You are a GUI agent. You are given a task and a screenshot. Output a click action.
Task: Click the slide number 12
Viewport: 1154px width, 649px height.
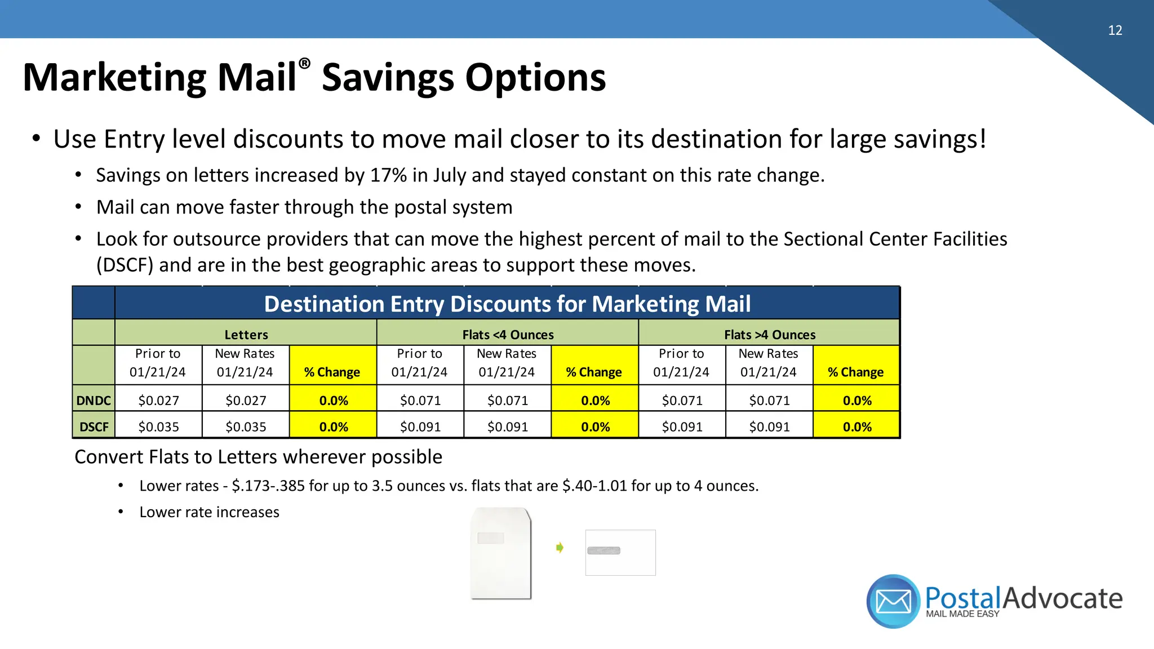(x=1115, y=30)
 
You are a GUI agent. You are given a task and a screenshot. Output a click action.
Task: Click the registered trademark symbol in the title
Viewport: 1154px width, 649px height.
(x=304, y=64)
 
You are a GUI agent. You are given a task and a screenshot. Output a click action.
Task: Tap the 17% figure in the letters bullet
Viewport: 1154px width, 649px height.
(x=388, y=175)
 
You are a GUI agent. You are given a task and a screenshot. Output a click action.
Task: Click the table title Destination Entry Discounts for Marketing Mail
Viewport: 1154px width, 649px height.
(x=507, y=304)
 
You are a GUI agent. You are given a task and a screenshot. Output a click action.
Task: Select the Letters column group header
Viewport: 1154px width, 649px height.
(x=246, y=335)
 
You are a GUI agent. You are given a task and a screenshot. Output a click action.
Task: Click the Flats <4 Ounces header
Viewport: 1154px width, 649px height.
(x=508, y=335)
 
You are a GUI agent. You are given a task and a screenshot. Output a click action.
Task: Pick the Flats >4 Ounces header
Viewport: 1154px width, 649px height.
(x=770, y=335)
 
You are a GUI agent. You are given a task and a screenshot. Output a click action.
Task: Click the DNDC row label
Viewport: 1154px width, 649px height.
(x=94, y=401)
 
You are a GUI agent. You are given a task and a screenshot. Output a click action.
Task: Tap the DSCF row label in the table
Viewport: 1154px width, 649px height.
(x=94, y=427)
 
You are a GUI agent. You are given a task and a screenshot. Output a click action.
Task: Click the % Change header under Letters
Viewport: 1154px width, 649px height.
(x=332, y=372)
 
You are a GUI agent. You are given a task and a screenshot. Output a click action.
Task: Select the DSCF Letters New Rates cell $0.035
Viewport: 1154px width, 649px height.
(x=246, y=427)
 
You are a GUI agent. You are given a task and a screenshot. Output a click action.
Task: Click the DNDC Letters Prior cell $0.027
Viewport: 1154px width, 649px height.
(x=158, y=401)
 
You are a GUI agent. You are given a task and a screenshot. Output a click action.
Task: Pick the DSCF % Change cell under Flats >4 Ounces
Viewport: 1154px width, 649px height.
(x=856, y=427)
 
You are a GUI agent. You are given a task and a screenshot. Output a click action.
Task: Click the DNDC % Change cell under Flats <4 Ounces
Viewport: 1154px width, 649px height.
(x=595, y=401)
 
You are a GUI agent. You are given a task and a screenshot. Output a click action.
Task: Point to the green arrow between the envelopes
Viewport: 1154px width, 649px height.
(x=560, y=548)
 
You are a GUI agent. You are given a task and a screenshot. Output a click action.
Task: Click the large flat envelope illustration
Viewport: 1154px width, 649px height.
(x=501, y=553)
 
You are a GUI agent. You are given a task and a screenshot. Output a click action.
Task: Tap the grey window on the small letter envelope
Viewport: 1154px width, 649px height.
(x=603, y=550)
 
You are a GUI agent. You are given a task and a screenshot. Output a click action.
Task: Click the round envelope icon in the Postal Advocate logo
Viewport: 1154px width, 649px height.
(x=893, y=601)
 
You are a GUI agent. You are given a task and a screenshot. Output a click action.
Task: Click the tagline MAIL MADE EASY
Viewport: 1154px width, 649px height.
(x=962, y=614)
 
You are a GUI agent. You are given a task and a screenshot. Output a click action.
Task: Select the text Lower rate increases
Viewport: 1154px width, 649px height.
(x=209, y=512)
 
